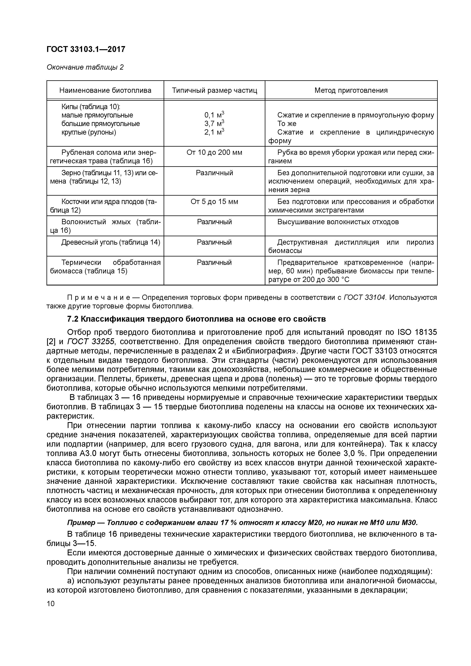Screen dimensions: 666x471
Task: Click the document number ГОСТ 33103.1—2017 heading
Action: (x=86, y=49)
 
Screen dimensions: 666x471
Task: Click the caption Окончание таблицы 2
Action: (x=85, y=67)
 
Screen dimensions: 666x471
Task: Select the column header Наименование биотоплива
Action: (x=105, y=90)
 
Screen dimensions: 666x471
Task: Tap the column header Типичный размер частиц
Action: (x=214, y=90)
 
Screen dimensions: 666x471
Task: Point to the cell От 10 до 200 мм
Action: (x=214, y=153)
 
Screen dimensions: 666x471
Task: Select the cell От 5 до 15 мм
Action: (x=214, y=202)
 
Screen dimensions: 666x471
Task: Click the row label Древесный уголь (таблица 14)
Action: (x=111, y=242)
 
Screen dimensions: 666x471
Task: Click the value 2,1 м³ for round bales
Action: (x=214, y=132)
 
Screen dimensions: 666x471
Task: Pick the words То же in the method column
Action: (x=287, y=124)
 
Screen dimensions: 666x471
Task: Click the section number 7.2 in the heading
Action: (x=73, y=319)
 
